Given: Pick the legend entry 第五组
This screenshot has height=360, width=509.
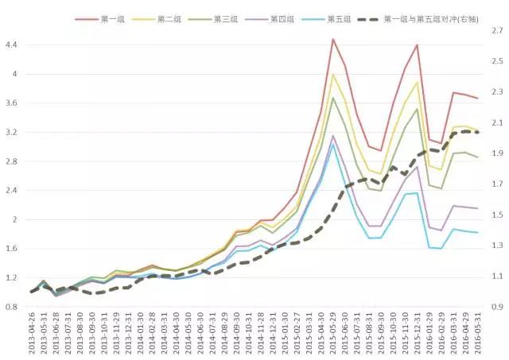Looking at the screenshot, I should click(x=339, y=18).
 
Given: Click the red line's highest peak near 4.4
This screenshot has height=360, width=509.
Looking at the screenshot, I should click(x=332, y=39).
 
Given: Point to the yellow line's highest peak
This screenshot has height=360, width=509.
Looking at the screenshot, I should click(x=332, y=75).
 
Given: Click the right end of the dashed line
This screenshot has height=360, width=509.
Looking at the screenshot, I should click(x=478, y=133).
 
